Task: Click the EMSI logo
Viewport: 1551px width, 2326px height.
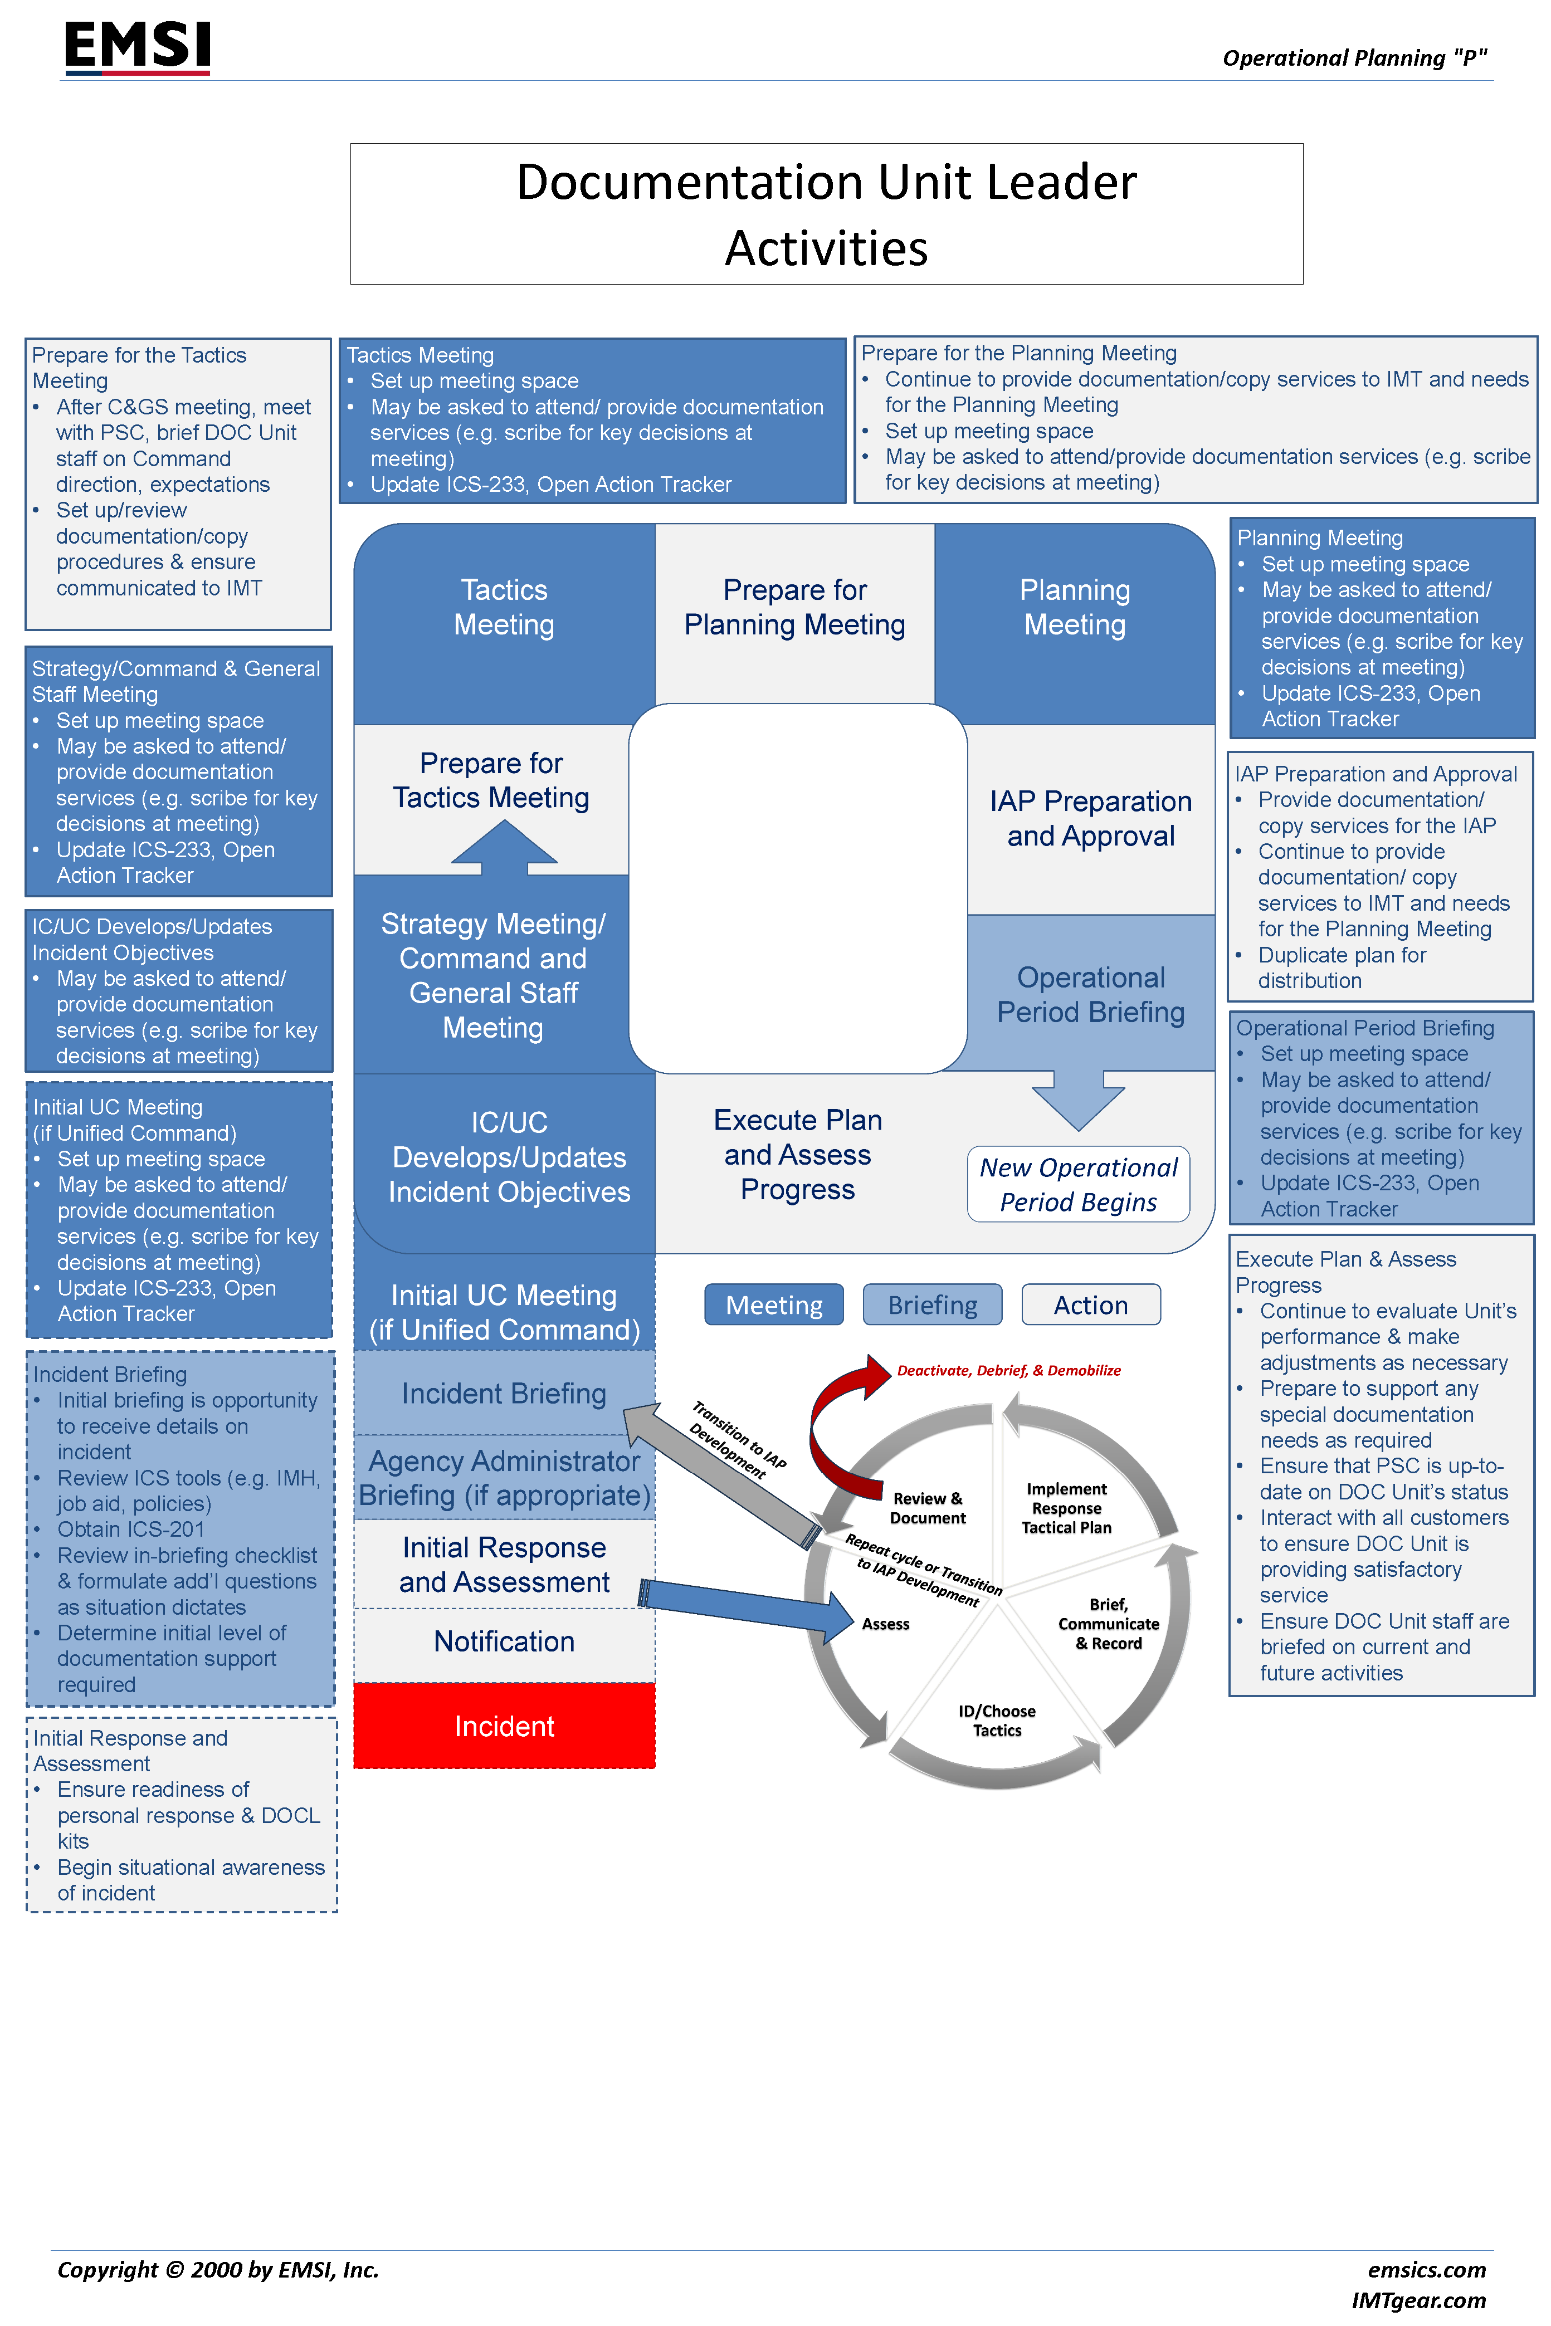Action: pos(138,46)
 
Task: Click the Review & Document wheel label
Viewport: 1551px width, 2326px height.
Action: pos(927,1508)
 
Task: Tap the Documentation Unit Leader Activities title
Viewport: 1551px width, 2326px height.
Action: pos(826,214)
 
